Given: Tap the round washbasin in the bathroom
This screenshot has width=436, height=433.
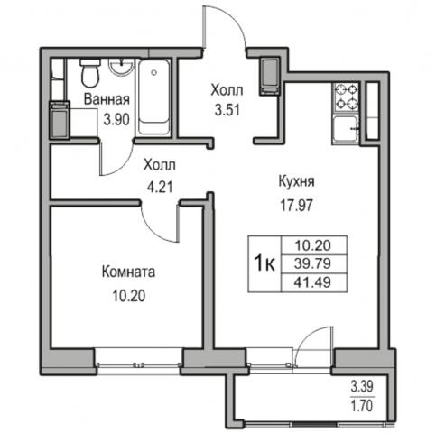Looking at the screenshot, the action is point(121,67).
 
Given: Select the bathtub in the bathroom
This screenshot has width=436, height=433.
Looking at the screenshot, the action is point(153,97).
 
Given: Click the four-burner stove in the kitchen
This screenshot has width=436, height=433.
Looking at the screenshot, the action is point(347,97).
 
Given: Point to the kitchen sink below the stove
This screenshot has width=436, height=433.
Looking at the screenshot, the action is point(347,130).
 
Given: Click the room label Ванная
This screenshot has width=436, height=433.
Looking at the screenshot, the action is point(107,99).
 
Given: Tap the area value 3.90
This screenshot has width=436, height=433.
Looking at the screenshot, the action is point(116,119).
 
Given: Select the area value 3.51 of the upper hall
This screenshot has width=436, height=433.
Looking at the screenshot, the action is point(227,110).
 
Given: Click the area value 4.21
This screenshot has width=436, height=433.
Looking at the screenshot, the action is point(160,187).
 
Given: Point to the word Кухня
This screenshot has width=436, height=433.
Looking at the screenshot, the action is point(297,181).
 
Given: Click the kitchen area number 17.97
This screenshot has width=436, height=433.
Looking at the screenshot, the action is point(297,206).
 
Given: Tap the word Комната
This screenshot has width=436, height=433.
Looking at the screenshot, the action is point(128,272).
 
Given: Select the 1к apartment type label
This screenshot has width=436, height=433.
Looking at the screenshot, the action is point(264,263).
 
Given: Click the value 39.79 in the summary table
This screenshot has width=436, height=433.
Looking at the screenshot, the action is point(312,263).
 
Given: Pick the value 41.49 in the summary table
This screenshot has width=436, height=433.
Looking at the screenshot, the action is point(312,282).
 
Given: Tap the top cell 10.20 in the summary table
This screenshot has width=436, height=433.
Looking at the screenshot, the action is point(312,245).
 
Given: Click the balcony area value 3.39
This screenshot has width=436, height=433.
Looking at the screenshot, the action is point(362,386).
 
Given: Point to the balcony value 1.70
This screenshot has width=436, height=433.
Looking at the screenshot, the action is point(362,405).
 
